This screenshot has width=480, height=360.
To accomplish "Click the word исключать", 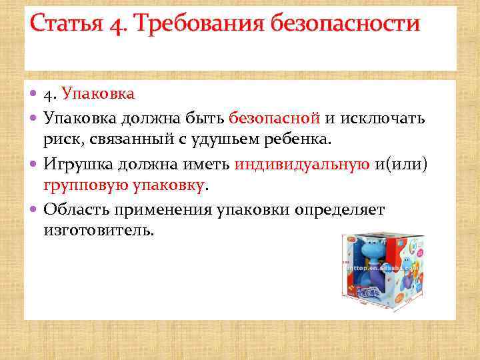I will point(382,118).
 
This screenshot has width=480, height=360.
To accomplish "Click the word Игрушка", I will point(78,164).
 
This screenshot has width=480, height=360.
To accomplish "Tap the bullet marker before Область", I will point(35,210).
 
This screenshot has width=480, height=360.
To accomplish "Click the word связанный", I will point(129,141).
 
